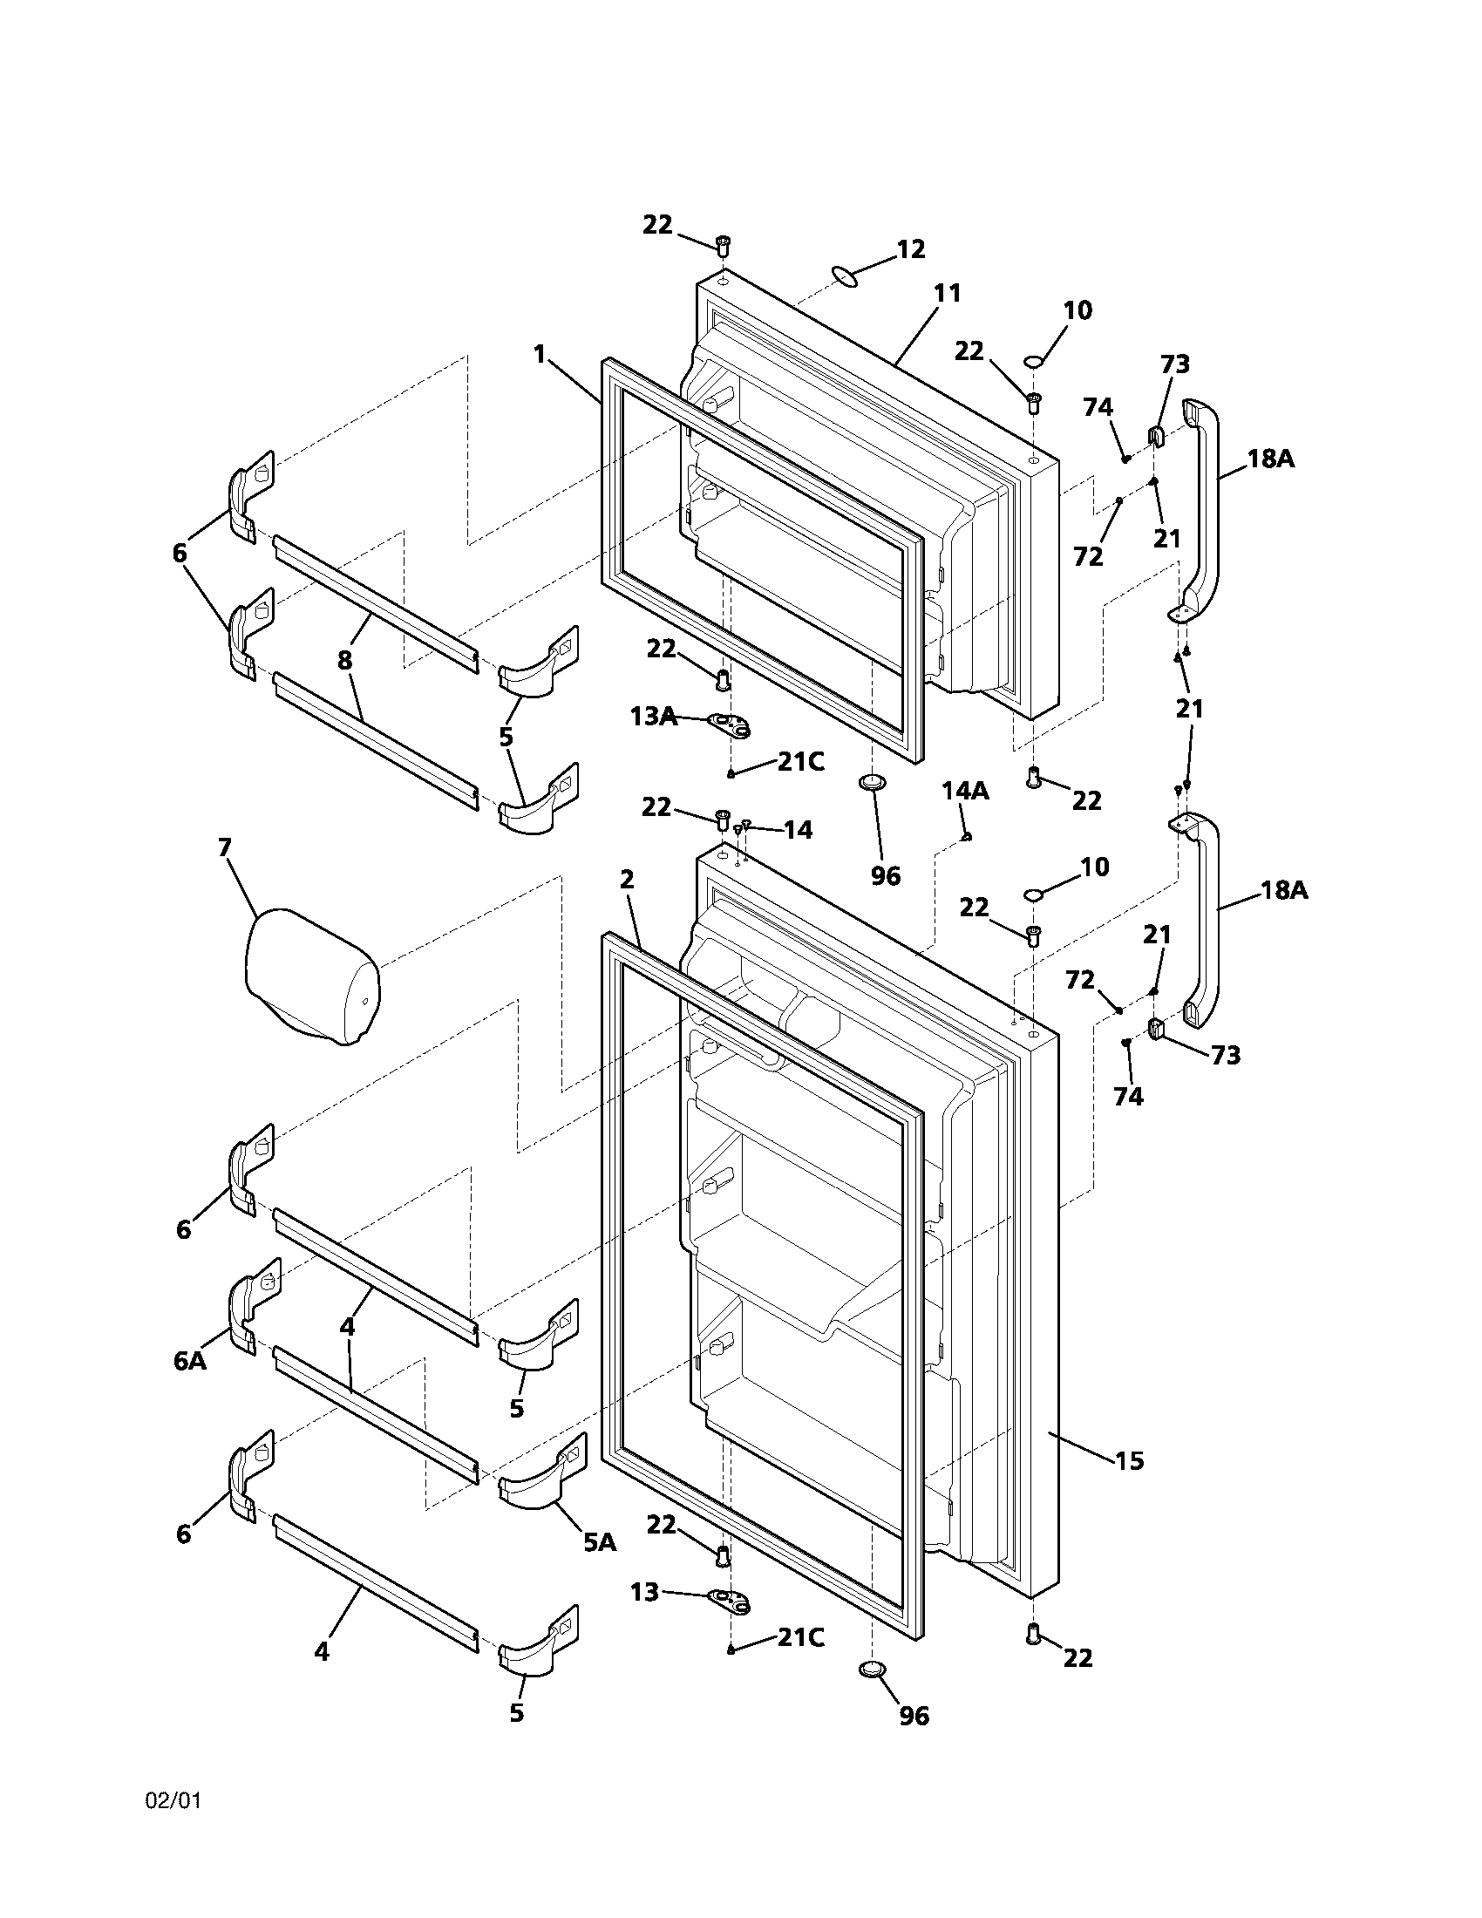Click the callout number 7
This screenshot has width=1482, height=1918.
[224, 847]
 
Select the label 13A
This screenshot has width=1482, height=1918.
[653, 717]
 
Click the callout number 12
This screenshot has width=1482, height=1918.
[910, 249]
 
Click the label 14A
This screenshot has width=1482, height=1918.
[965, 792]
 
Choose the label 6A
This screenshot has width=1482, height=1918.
[190, 1361]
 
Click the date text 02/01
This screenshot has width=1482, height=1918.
[173, 1801]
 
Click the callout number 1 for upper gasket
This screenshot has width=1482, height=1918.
[539, 354]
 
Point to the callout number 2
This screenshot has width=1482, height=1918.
[626, 879]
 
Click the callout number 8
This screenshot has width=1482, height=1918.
[344, 661]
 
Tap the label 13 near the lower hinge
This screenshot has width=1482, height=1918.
[644, 1592]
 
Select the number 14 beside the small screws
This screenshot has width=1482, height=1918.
[797, 830]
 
